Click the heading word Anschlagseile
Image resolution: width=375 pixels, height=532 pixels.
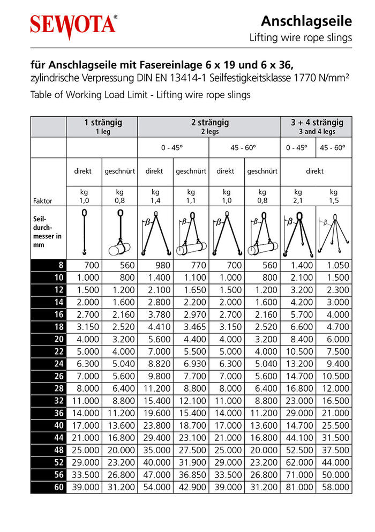[x=306, y=21]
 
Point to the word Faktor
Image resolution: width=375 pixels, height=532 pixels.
[x=42, y=201]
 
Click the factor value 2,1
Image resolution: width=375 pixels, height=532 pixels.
[x=298, y=201]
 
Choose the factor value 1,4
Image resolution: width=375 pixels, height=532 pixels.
[x=155, y=201]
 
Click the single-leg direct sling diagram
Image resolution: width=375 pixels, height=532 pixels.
[x=84, y=233]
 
